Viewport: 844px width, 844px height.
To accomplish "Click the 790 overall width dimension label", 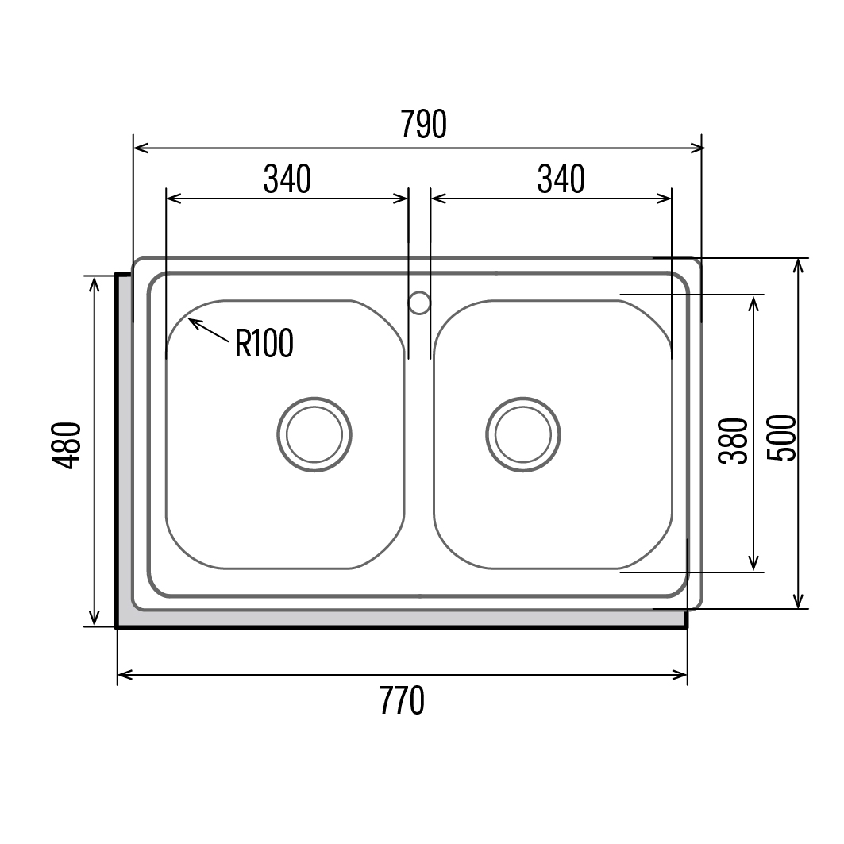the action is point(424,124).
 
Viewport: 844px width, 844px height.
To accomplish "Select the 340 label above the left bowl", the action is point(287,179).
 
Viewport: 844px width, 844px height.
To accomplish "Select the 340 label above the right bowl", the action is point(561,179).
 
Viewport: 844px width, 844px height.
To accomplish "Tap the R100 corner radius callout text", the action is point(264,343).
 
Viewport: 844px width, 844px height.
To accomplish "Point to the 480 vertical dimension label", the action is point(66,445).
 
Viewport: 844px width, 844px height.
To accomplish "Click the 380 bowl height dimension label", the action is point(733,441).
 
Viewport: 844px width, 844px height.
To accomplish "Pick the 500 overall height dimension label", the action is point(780,437).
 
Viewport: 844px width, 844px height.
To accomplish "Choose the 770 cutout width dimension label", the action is point(402,700).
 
